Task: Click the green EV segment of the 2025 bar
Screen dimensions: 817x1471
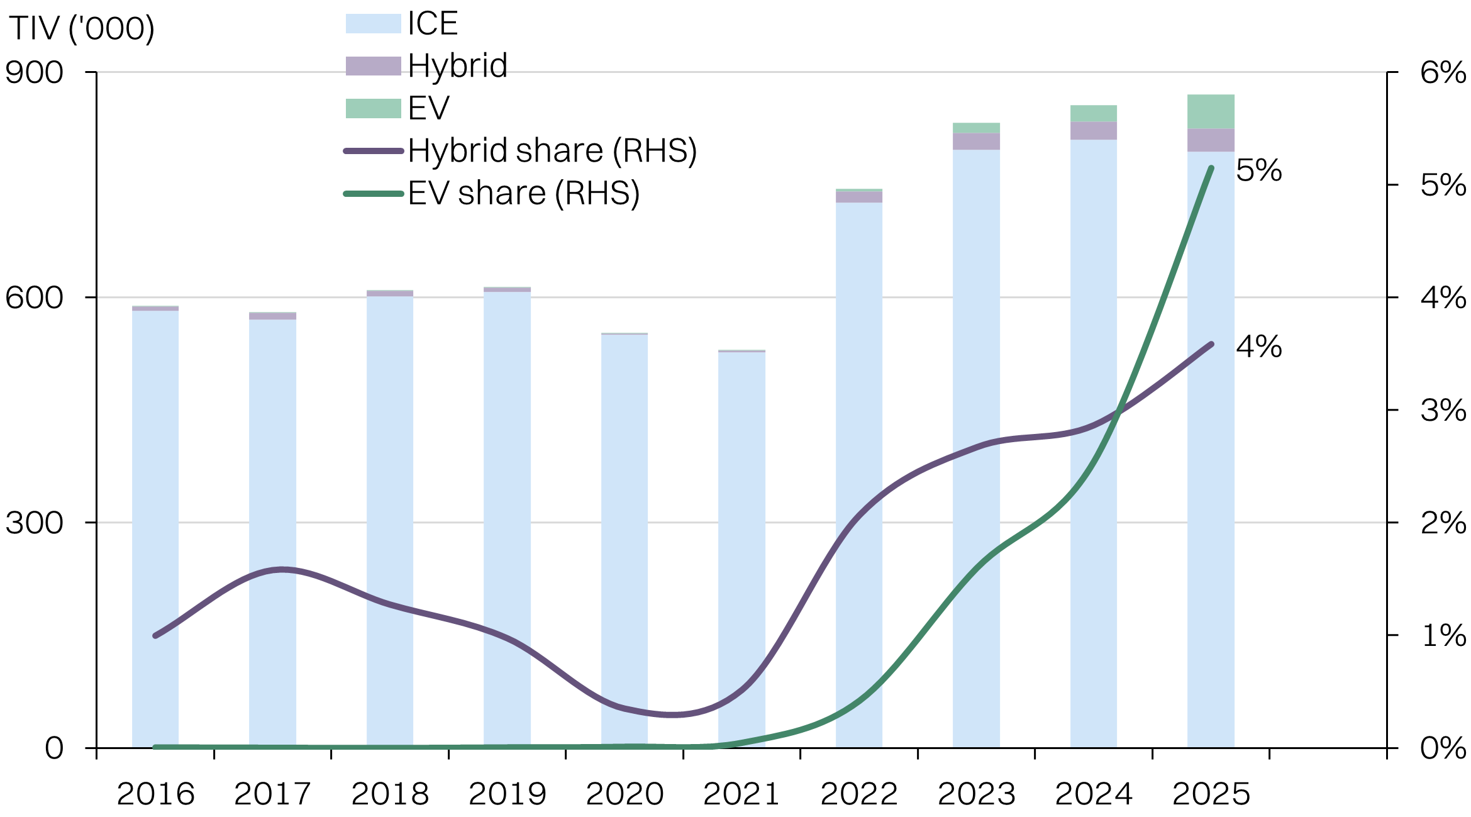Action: pos(1211,111)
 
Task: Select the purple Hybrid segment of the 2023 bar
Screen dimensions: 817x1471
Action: pos(976,142)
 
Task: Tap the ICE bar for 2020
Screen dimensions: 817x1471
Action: pos(624,541)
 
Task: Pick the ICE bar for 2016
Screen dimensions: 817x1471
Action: pos(155,528)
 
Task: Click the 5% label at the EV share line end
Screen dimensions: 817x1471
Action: pos(1258,170)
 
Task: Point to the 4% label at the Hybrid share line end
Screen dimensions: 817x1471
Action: pos(1258,347)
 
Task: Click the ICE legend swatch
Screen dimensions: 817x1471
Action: pos(373,24)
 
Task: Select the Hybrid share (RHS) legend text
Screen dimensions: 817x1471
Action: pos(552,151)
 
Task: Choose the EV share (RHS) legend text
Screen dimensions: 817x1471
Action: pos(523,193)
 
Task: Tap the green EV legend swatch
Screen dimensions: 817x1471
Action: pos(373,108)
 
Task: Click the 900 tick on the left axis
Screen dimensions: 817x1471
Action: pos(35,73)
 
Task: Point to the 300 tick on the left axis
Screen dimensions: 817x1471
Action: pos(35,523)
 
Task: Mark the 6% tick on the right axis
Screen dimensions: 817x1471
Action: pos(1442,73)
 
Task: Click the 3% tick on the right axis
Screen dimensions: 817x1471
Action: pos(1442,411)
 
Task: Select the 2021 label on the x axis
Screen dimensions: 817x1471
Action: pos(741,794)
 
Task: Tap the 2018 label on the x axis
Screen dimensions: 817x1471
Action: pos(390,794)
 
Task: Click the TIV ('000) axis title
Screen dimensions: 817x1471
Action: pos(82,29)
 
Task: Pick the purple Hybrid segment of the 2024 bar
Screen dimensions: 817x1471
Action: pos(1093,131)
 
